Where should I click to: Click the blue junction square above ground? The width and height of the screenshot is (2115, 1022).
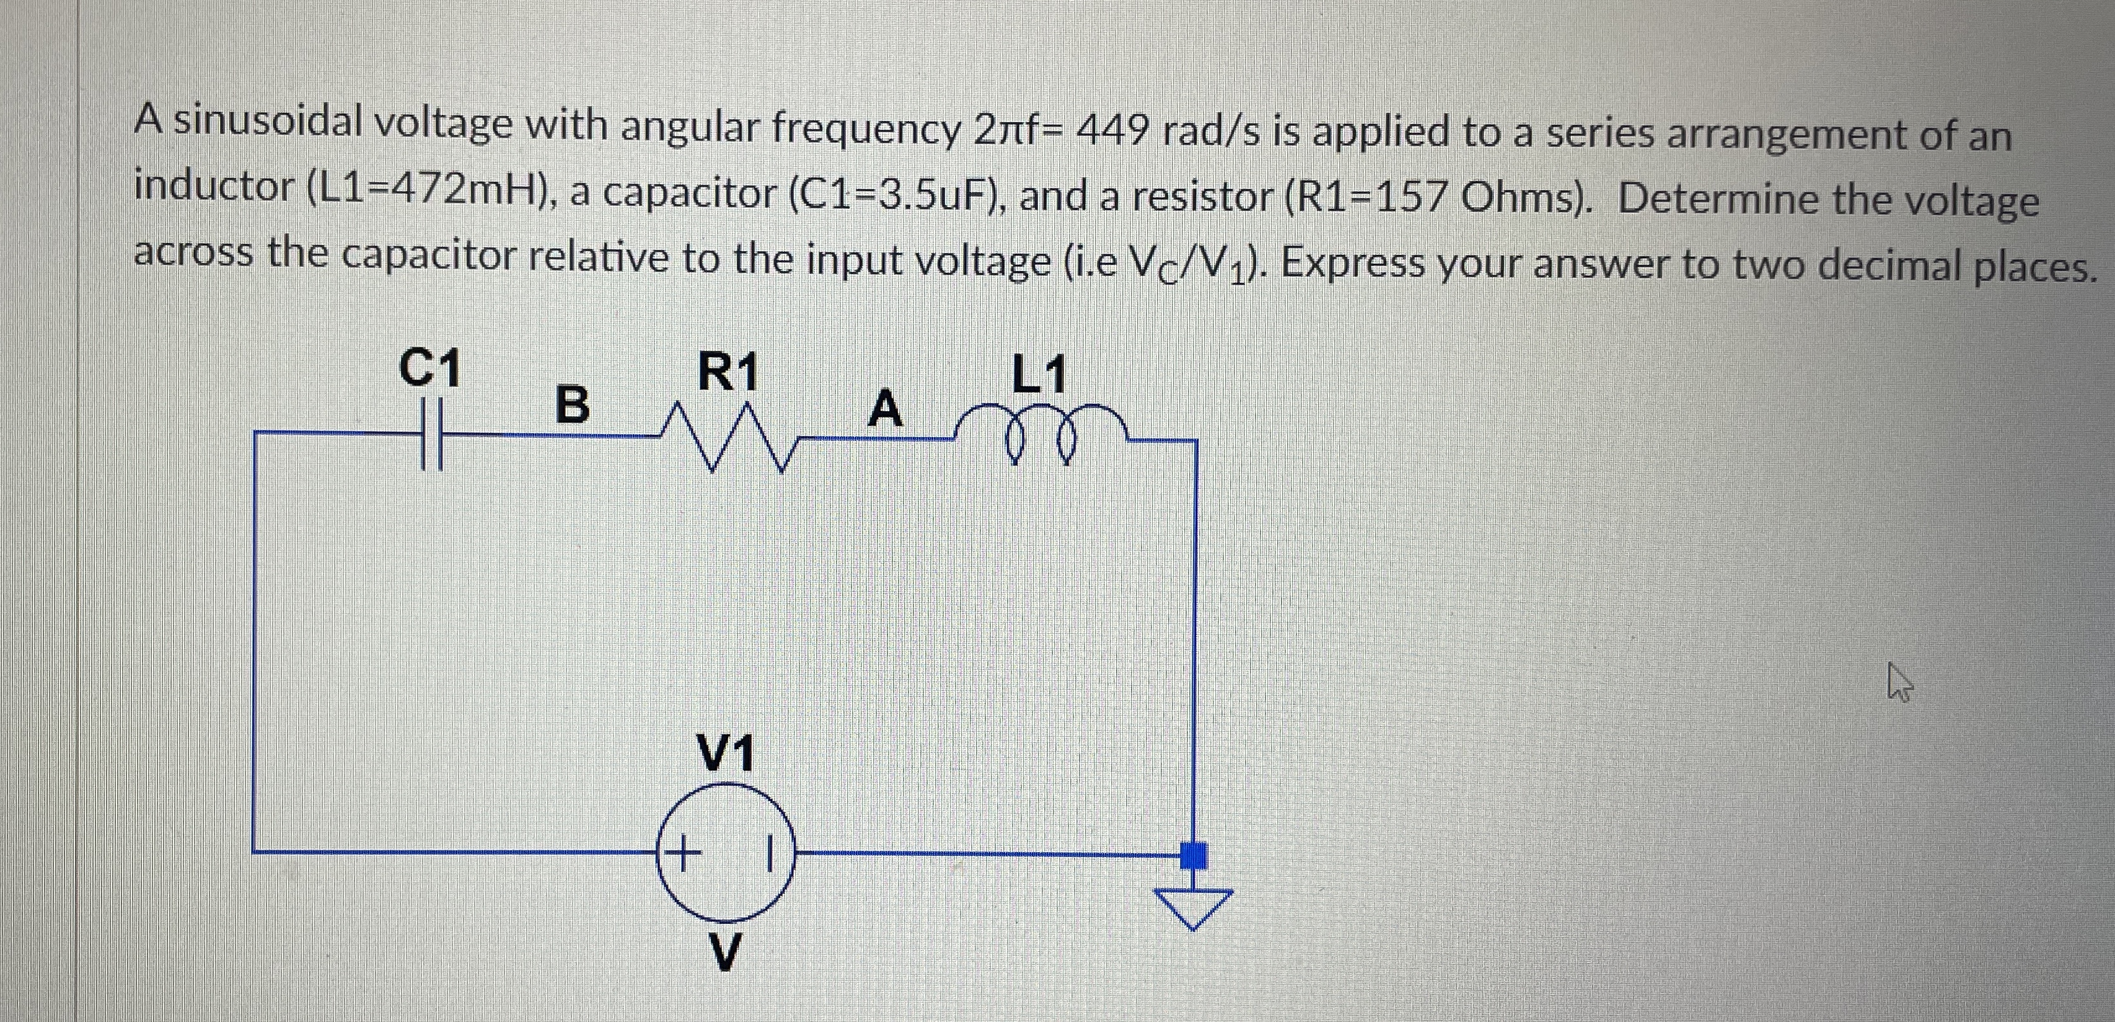(1194, 855)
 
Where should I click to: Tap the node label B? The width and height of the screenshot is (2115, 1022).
(572, 404)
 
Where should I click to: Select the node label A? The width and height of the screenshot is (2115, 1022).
(885, 408)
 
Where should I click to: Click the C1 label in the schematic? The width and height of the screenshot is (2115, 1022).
(429, 367)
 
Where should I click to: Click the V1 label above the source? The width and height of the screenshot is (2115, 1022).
(725, 752)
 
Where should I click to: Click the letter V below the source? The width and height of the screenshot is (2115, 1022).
(723, 951)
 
